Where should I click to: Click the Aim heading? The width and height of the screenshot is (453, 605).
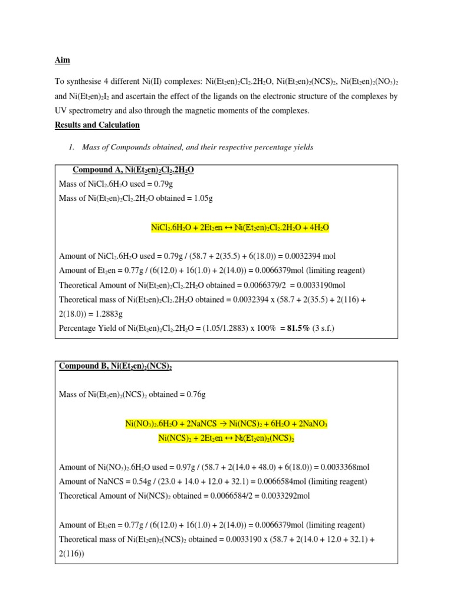[x=61, y=60]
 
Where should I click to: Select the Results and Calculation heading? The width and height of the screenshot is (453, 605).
[x=97, y=125]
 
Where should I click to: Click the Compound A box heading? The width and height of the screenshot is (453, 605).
[x=133, y=170]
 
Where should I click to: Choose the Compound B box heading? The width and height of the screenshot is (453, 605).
[x=116, y=366]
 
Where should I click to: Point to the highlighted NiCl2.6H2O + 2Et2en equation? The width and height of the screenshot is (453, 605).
[x=240, y=227]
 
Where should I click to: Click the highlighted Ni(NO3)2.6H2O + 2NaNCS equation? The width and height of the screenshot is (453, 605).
[x=226, y=424]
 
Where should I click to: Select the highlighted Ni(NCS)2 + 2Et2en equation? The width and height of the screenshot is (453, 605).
[x=226, y=438]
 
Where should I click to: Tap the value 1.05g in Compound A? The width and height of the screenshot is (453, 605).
[x=201, y=199]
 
